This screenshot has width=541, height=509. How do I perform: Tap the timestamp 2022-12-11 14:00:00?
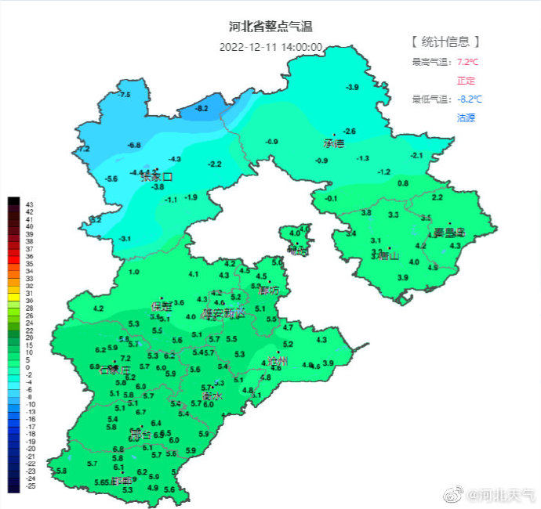pos(270,46)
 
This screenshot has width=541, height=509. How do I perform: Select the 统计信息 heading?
pos(445,41)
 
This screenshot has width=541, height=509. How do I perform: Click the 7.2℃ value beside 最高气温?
pos(467,62)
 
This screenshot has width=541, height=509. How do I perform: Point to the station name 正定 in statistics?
pos(466,81)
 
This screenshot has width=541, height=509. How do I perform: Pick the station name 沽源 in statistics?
pos(466,117)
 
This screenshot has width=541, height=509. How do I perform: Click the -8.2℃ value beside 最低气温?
pos(469,99)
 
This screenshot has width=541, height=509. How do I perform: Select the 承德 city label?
pos(333,143)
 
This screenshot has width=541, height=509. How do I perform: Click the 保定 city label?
pos(161,306)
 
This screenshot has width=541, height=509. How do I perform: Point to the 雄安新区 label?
pos(223,313)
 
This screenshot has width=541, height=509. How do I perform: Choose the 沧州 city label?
pos(278,361)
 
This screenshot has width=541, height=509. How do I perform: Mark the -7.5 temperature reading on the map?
pos(125,95)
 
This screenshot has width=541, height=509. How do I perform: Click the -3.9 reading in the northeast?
pos(352,87)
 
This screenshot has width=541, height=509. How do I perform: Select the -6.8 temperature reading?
pos(134,146)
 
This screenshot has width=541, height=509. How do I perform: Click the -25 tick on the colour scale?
pos(30,486)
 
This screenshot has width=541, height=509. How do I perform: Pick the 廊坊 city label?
pos(269,291)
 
